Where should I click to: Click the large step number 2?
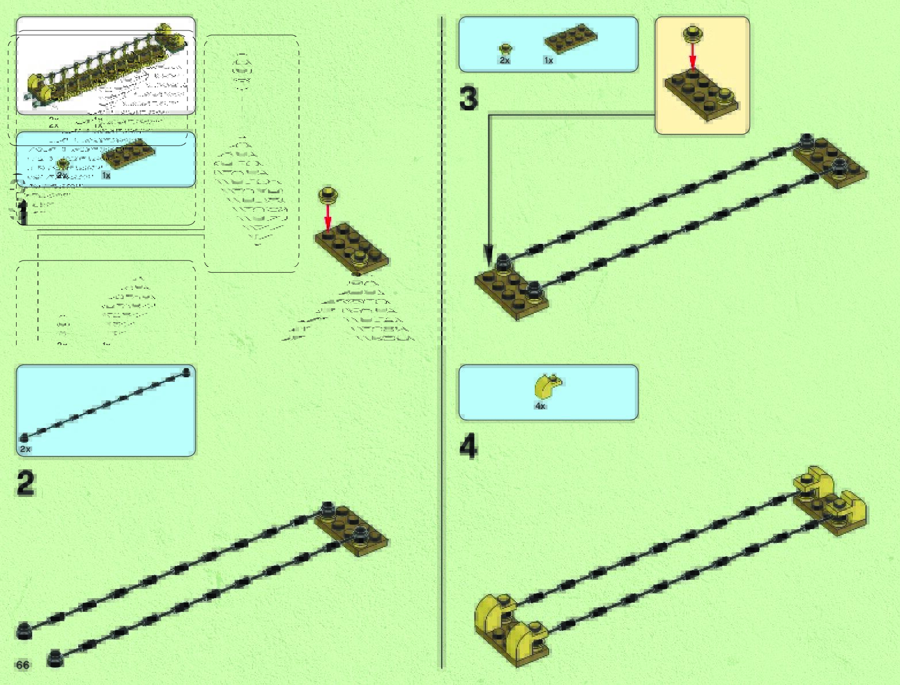[x=26, y=484]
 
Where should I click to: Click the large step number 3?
[x=469, y=98]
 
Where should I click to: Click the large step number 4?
[x=469, y=447]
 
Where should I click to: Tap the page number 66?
[x=22, y=665]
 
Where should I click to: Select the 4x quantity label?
[x=540, y=406]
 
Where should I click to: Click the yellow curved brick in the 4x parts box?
[x=549, y=385]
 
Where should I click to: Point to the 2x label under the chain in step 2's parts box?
[x=25, y=449]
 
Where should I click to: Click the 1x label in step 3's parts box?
[x=548, y=60]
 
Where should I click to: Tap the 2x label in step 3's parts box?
[x=504, y=60]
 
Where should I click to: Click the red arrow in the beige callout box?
[x=693, y=56]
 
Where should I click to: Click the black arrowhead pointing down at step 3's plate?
[x=488, y=253]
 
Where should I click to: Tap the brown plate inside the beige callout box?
[x=701, y=95]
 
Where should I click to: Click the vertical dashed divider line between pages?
[x=442, y=345]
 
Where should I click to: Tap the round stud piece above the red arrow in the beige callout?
[x=693, y=33]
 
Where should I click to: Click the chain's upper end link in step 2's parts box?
[x=186, y=372]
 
